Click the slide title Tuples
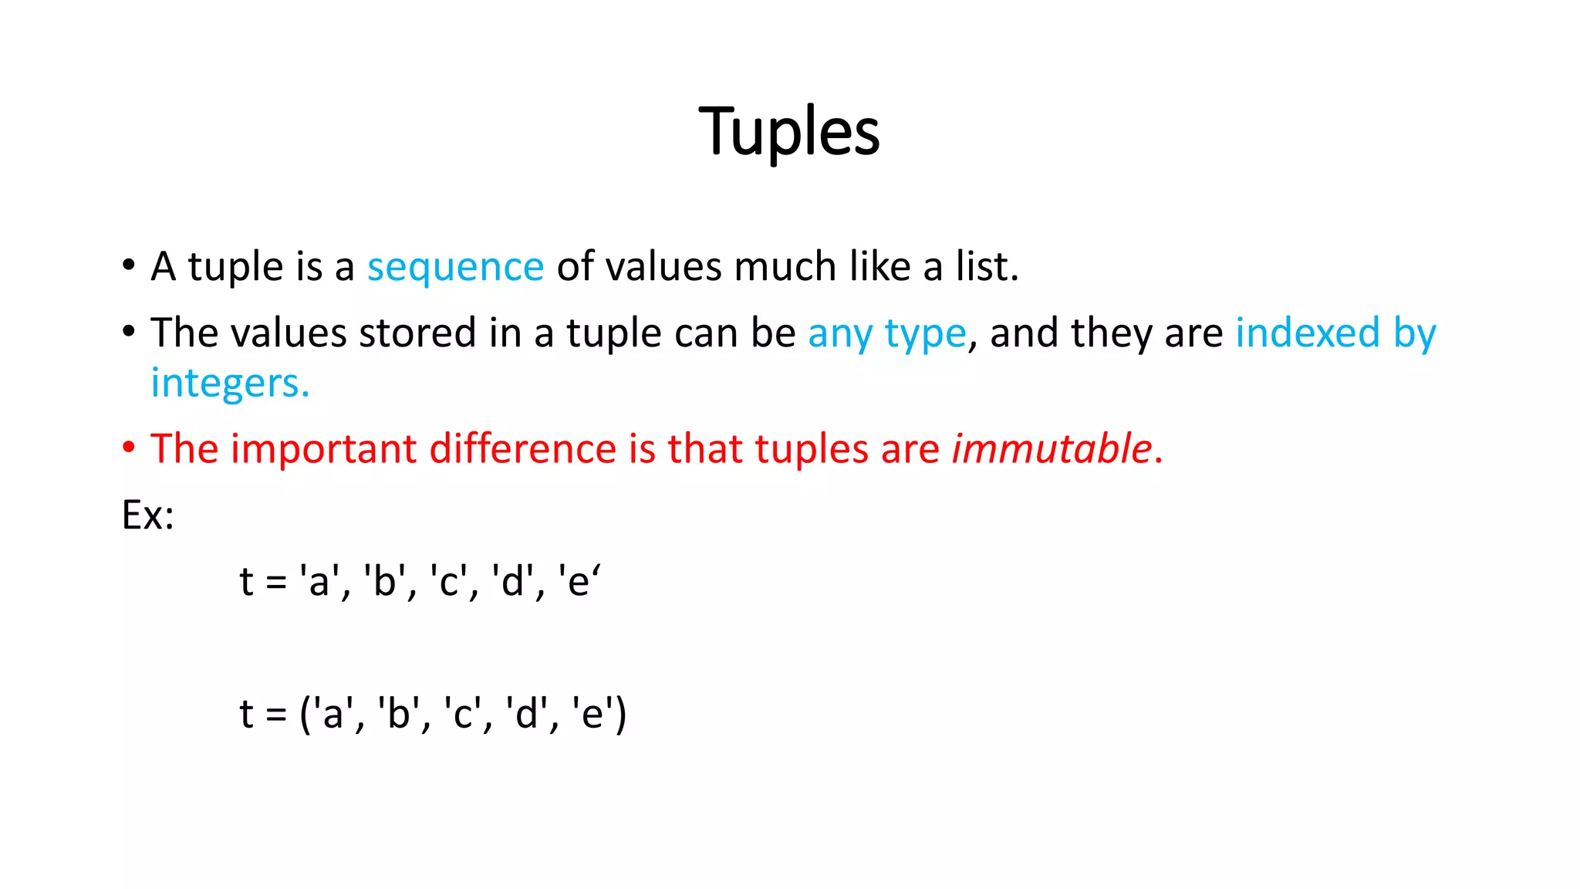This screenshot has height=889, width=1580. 788,131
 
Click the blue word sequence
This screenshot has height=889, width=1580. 455,267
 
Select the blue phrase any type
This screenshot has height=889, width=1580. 886,333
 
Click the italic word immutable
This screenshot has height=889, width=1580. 1052,448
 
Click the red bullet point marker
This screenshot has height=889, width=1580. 129,447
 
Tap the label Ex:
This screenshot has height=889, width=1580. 147,515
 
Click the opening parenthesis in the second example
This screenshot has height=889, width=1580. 305,713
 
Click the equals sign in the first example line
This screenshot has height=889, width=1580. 275,582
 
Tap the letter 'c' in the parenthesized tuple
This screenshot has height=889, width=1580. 462,713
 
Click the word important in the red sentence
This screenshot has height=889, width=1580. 323,448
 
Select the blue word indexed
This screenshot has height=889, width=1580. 1307,333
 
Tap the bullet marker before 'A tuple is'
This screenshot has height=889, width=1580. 129,265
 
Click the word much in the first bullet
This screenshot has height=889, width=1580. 785,266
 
